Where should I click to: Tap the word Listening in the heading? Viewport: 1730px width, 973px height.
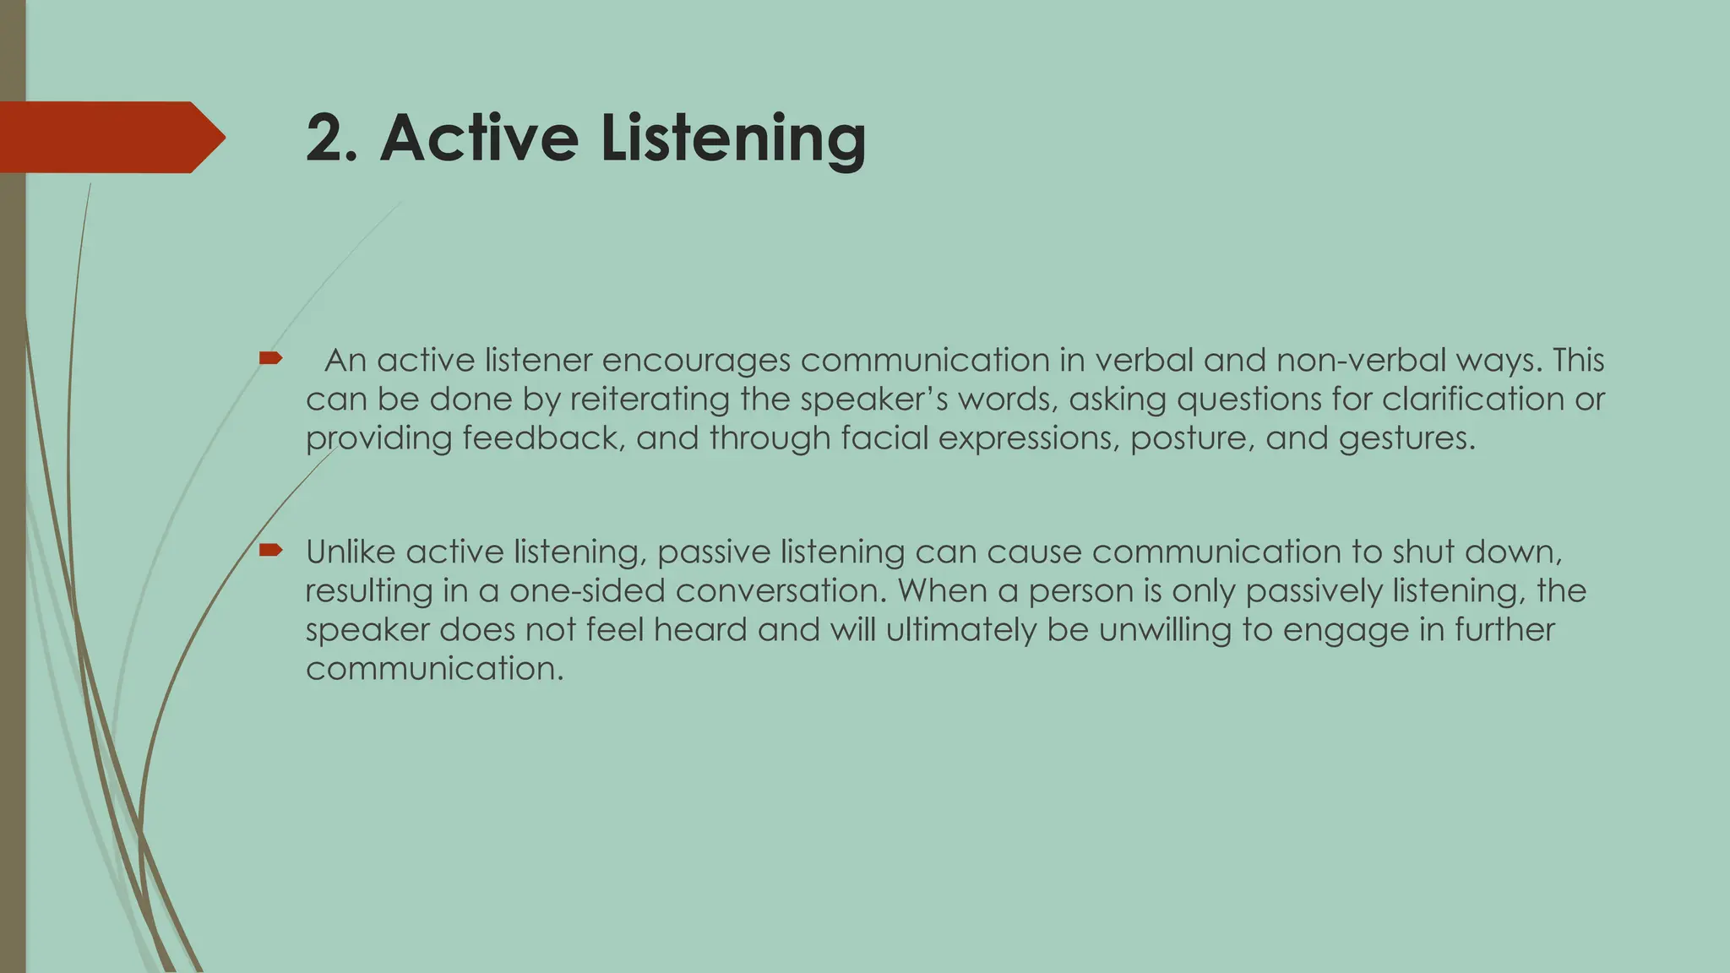click(733, 139)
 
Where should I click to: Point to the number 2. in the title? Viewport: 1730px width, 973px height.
click(332, 138)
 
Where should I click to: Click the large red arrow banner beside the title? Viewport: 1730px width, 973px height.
click(110, 137)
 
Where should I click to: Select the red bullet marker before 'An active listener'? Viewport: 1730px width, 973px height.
click(270, 359)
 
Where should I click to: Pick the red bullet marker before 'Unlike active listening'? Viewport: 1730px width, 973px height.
click(270, 551)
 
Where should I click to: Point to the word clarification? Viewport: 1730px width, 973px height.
click(1472, 399)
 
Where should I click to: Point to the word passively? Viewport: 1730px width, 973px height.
click(1314, 590)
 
